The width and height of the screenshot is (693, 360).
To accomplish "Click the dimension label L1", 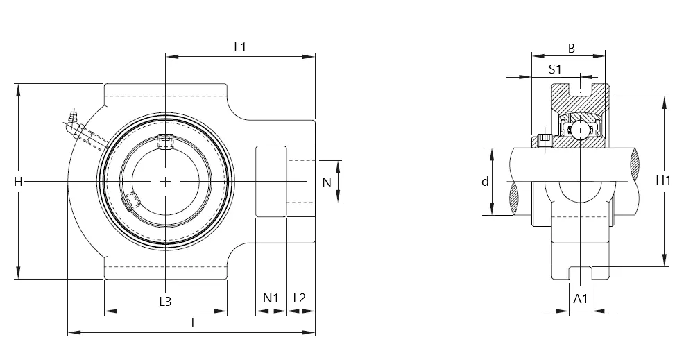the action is (240, 47).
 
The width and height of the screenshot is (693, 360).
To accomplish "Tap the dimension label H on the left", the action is (18, 182).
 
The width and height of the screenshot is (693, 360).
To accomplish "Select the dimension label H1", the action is (663, 180).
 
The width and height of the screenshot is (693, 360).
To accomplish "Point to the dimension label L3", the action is (165, 301).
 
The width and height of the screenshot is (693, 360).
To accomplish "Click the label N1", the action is (271, 298).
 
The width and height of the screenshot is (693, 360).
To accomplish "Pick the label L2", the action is (299, 298).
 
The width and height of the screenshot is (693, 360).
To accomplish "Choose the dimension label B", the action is (571, 49).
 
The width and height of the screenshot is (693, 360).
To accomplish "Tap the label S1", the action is (555, 69).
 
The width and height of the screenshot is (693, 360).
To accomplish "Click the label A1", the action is (581, 299).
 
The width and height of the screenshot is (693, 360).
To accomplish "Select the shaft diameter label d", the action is (486, 182).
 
